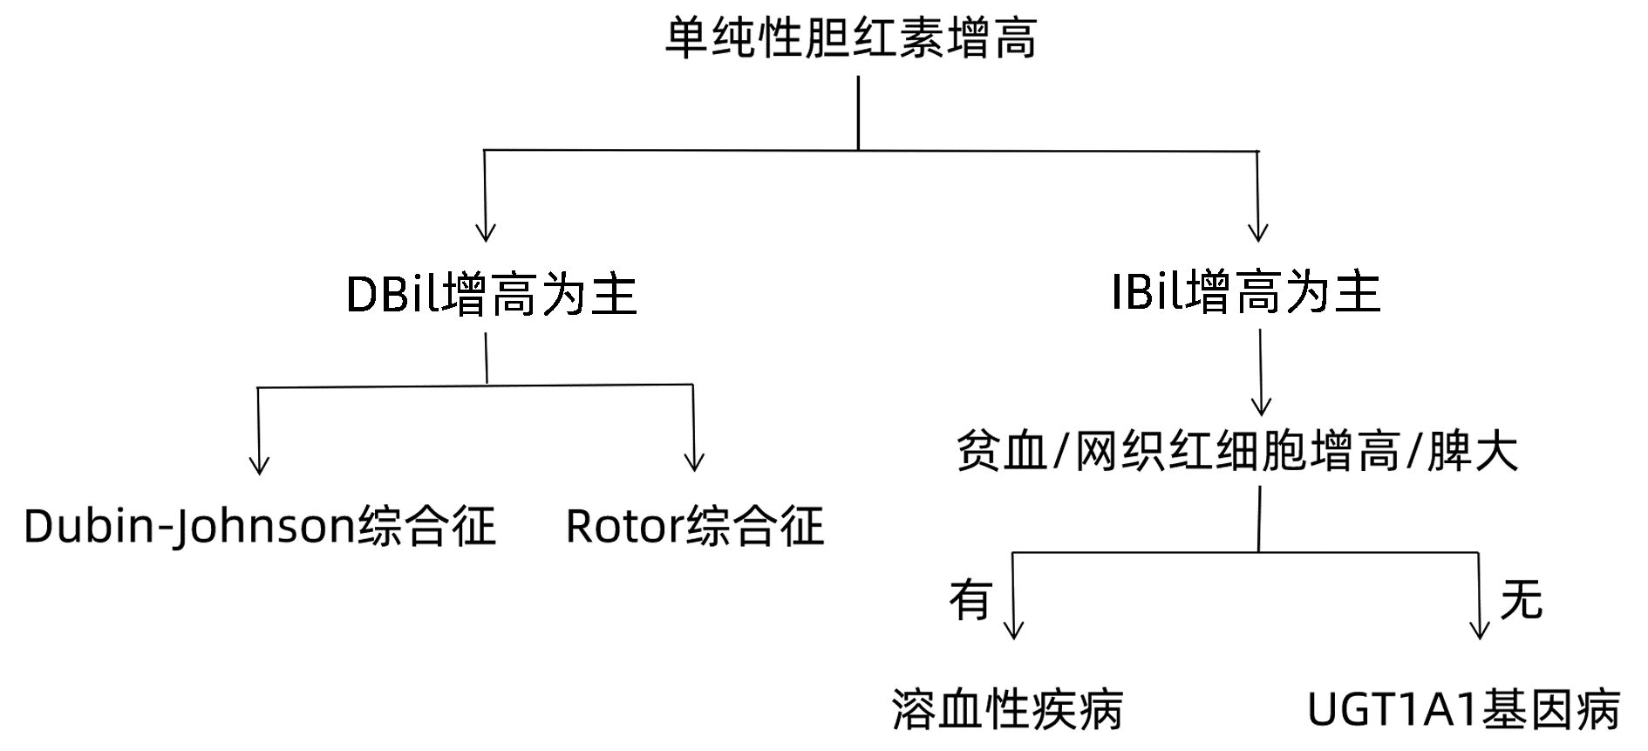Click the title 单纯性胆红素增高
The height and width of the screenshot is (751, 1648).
click(x=851, y=39)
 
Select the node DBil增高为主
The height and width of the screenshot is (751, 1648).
click(x=492, y=294)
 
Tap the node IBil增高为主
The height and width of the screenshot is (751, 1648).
click(x=1246, y=292)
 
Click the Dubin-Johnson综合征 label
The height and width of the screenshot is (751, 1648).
click(x=259, y=526)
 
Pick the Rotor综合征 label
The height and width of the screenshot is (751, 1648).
click(x=694, y=526)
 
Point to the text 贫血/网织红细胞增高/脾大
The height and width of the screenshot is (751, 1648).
click(x=1237, y=451)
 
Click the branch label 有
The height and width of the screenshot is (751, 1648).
click(x=970, y=599)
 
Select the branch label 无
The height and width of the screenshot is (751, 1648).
click(x=1521, y=599)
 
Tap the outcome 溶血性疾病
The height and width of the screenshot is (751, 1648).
click(x=1008, y=708)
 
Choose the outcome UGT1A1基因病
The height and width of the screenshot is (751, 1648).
click(x=1463, y=709)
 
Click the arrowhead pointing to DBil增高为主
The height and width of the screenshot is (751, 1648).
click(x=486, y=233)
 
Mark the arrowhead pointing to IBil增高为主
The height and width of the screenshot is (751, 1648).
click(x=1257, y=233)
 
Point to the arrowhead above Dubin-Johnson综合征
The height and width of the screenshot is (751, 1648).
click(x=259, y=466)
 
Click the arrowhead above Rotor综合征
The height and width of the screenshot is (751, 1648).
click(x=694, y=462)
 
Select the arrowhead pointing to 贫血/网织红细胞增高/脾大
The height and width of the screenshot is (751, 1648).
click(x=1261, y=406)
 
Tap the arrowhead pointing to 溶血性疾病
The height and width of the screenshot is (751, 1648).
click(x=1013, y=630)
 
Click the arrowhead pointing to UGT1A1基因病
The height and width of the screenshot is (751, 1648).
click(x=1480, y=630)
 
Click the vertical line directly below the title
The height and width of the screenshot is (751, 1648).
click(x=858, y=113)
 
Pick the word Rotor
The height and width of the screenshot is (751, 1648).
click(x=624, y=526)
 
